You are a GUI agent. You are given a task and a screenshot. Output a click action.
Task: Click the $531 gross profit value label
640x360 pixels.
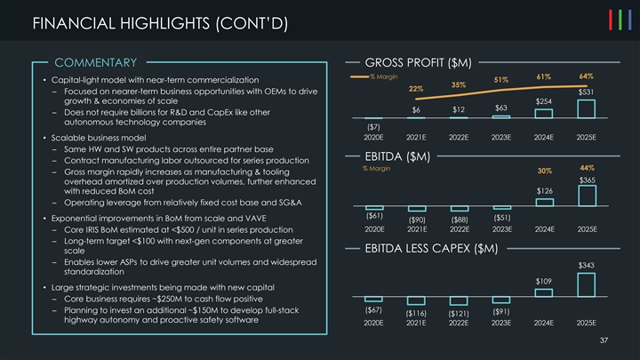pos(587,92)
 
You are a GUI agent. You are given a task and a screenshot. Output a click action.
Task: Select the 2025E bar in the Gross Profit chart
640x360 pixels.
pos(587,108)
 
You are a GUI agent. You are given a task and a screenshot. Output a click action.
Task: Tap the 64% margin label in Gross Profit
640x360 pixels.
pos(587,76)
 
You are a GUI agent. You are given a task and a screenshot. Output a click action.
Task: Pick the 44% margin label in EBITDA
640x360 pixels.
pos(587,168)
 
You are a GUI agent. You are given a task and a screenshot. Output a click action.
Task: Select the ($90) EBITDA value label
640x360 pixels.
pos(416,219)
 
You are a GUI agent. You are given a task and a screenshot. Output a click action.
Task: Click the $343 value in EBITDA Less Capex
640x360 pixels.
pos(587,265)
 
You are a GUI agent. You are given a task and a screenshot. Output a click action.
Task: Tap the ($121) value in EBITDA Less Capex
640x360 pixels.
pos(459,313)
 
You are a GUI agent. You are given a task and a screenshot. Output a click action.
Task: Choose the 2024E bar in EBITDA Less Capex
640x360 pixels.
pos(544,292)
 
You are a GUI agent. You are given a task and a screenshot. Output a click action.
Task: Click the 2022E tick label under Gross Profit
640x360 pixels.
pos(459,138)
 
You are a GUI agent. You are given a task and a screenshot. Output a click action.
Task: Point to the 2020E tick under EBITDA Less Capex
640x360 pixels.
pos(373,324)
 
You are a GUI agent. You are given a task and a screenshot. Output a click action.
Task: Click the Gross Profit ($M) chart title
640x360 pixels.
pos(418,62)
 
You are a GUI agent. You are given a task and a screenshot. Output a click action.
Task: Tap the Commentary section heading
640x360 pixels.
pos(95,62)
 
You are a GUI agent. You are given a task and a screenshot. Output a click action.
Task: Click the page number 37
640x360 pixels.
pos(603,341)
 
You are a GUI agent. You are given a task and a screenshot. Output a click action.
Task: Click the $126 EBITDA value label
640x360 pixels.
pos(545,191)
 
